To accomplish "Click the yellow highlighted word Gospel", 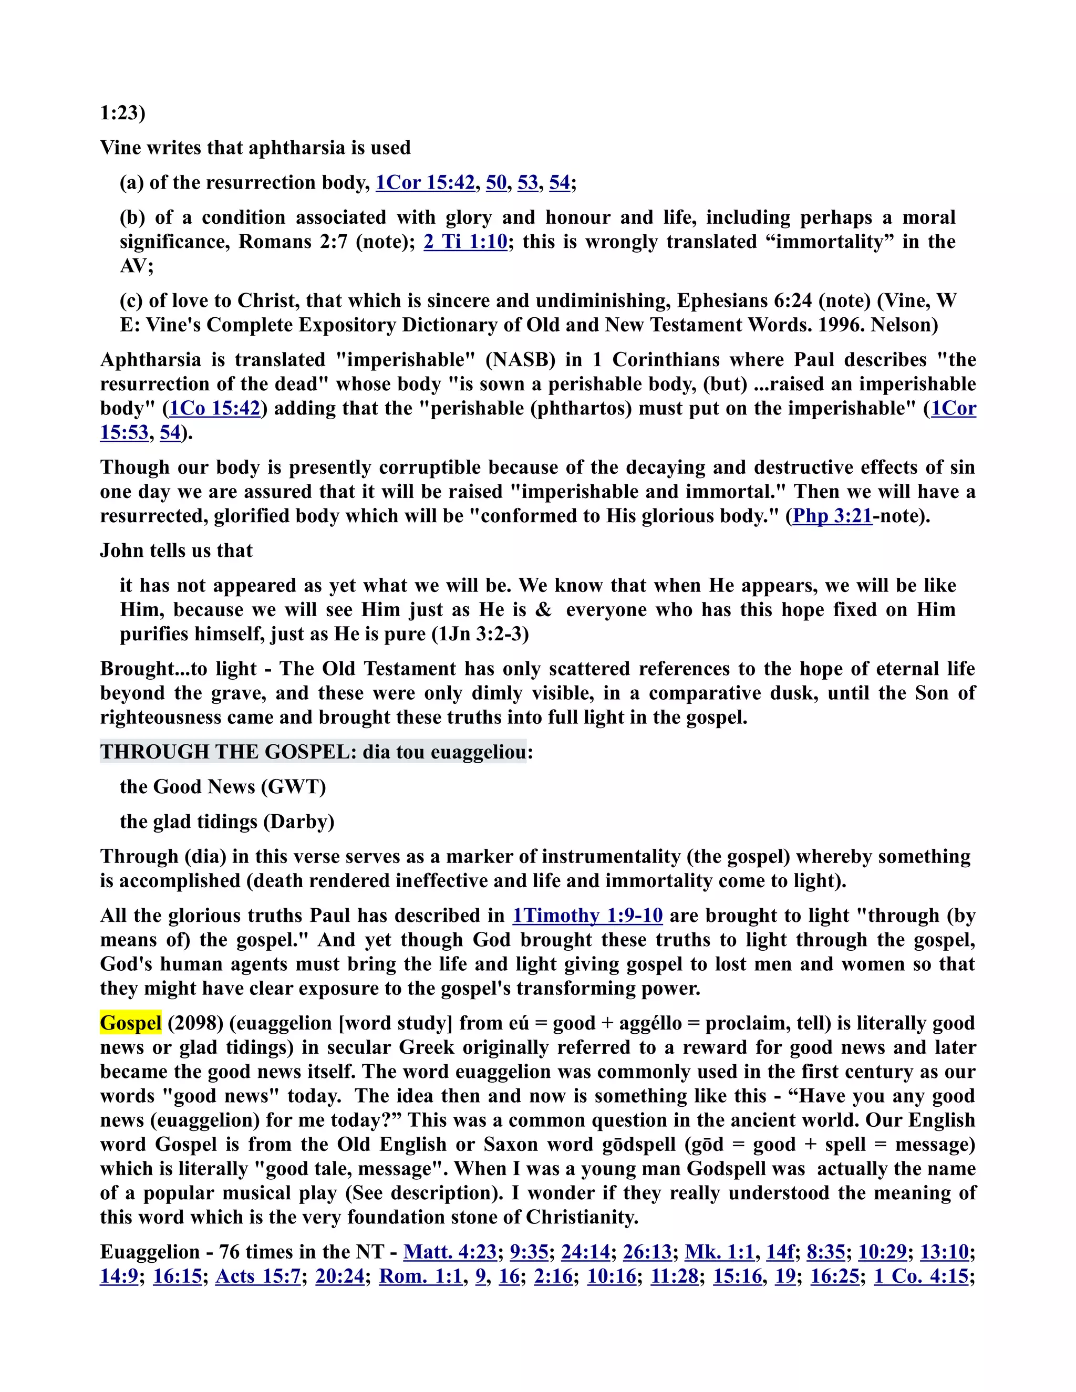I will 131,1023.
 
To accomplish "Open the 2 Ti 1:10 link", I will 465,242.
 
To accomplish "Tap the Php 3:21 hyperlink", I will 832,516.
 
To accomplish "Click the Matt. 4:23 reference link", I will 450,1252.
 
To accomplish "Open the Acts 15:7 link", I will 258,1276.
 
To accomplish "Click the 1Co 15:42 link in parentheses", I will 215,408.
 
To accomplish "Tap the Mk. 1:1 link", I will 720,1252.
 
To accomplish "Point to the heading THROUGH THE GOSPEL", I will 227,752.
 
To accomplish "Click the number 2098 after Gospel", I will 195,1023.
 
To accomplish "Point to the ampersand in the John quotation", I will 543,610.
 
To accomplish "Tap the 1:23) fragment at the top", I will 122,113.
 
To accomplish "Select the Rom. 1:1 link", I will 420,1276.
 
